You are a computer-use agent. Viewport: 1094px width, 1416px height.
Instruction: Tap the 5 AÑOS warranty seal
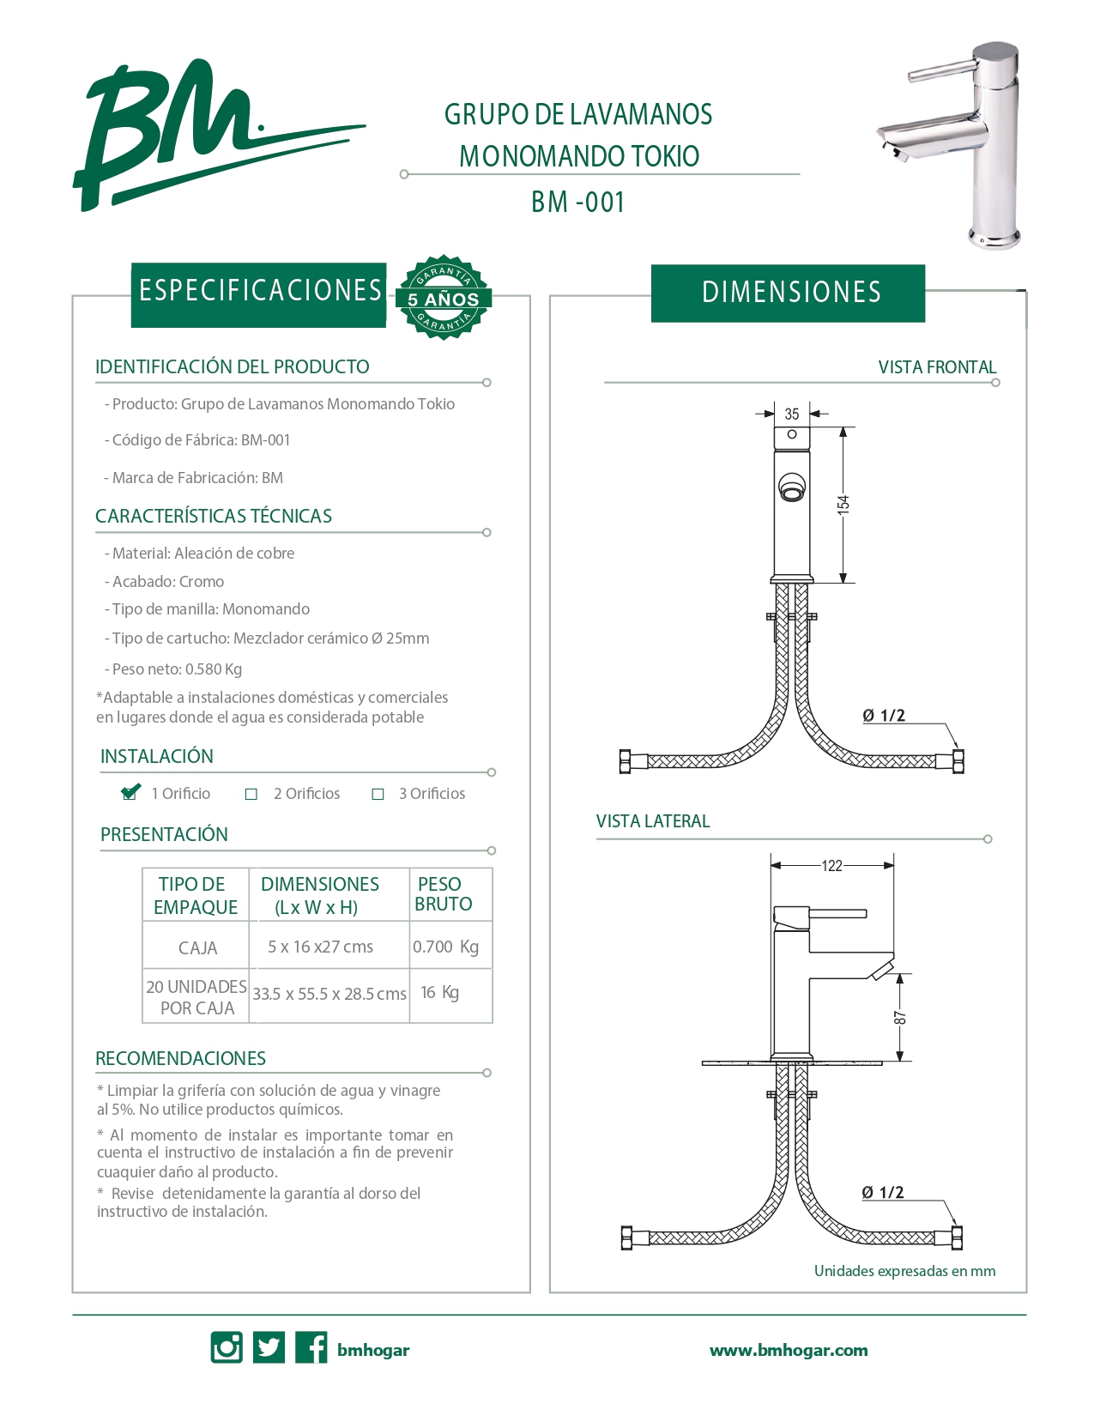click(443, 298)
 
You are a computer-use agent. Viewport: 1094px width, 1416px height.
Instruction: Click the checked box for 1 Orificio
click(130, 793)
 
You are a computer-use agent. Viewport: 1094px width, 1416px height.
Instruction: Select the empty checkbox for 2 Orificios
click(251, 795)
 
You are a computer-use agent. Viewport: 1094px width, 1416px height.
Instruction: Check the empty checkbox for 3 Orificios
click(378, 795)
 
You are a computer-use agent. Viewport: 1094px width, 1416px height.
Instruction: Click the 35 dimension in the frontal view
click(791, 415)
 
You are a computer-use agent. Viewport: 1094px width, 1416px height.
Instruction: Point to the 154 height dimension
click(843, 503)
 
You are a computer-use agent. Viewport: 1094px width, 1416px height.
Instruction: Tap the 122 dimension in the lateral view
click(831, 866)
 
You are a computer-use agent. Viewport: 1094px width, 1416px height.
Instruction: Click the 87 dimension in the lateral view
click(899, 1018)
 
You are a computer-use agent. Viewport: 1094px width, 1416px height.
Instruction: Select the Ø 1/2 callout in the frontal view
click(884, 716)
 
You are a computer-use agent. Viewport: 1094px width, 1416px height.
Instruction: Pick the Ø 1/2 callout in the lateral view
click(883, 1193)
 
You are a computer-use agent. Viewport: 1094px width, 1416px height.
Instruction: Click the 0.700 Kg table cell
click(446, 947)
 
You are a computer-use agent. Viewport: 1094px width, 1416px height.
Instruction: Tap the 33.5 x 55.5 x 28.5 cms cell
click(329, 994)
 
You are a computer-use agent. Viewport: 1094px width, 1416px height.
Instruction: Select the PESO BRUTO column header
click(443, 894)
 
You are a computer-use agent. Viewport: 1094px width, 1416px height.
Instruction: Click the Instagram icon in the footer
click(227, 1347)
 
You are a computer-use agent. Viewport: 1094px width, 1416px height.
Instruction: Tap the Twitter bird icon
click(269, 1347)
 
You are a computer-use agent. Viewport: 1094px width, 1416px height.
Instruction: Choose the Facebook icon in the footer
click(311, 1347)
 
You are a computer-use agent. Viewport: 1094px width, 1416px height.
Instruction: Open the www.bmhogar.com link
click(789, 1351)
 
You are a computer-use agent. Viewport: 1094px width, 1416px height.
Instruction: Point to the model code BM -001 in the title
click(577, 203)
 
